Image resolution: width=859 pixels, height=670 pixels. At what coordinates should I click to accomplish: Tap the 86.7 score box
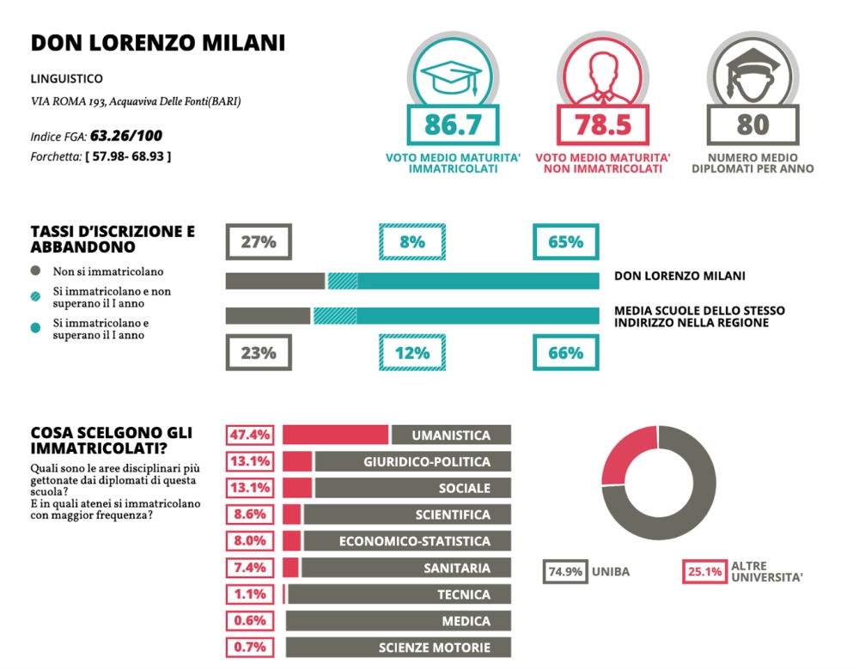(454, 125)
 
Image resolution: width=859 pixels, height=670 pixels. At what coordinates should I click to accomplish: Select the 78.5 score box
(603, 125)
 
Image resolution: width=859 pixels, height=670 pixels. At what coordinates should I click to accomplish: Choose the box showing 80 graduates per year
(752, 125)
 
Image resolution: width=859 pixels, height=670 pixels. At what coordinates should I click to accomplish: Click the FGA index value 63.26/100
(126, 136)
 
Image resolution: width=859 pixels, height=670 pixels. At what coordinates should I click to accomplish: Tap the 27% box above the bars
(258, 242)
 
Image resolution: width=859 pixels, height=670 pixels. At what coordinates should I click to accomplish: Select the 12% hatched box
(412, 352)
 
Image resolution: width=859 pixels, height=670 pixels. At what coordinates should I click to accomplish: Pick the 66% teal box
(566, 352)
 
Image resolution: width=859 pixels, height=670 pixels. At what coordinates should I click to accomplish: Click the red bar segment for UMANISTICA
(336, 435)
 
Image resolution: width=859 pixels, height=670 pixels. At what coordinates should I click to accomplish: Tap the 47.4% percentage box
(251, 435)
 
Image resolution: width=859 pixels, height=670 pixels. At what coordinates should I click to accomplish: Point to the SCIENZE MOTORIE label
(435, 648)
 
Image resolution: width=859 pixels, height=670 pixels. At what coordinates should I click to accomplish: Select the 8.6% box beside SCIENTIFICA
(251, 515)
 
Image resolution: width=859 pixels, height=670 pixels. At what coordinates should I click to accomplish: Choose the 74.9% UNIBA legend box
(564, 571)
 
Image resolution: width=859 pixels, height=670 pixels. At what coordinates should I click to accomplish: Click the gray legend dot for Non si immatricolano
(36, 271)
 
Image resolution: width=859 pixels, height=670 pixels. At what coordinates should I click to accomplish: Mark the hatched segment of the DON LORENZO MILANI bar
(343, 281)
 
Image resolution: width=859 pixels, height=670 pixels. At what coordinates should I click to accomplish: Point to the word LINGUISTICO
(66, 79)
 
